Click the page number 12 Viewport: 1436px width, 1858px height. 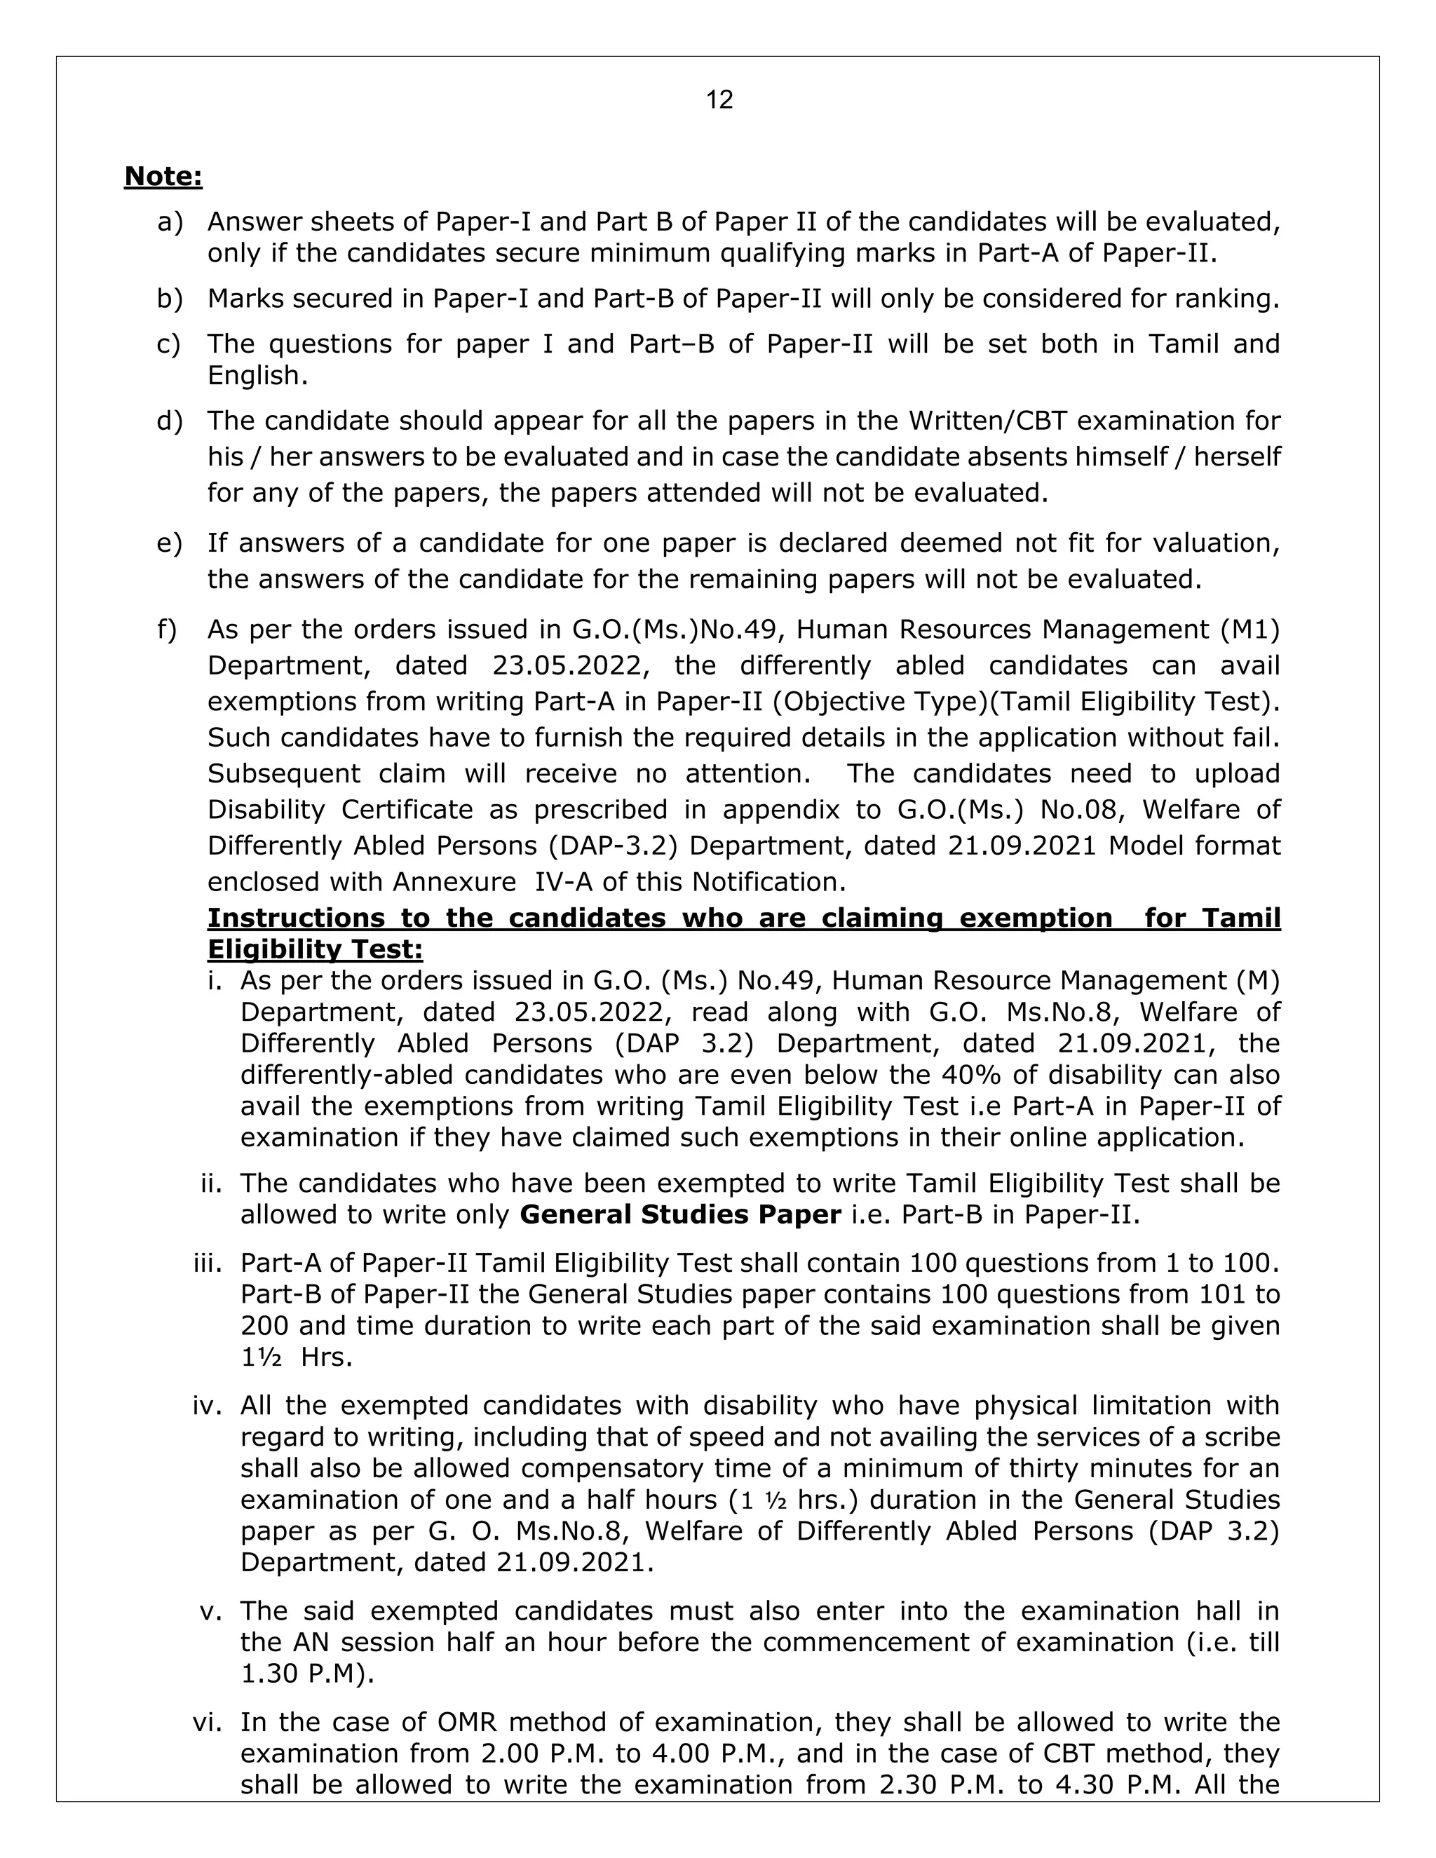click(x=719, y=100)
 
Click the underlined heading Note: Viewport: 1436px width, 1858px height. click(x=163, y=176)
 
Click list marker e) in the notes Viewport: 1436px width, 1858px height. click(x=169, y=543)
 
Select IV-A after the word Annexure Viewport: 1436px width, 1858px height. click(x=564, y=881)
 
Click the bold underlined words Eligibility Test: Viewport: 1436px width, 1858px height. click(x=315, y=949)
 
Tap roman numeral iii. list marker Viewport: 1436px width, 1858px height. click(x=208, y=1263)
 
